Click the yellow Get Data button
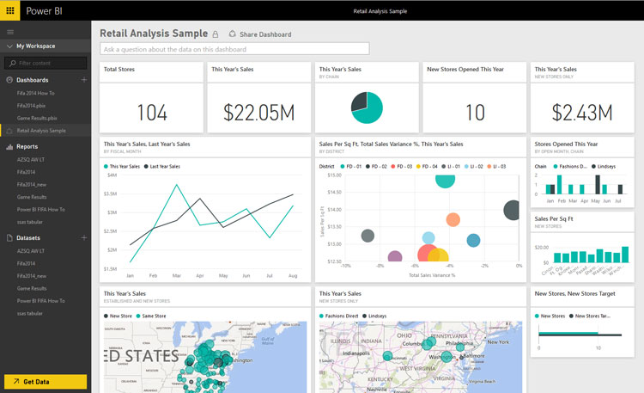45,382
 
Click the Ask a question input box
234,49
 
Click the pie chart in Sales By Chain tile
367,107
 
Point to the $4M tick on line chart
111,175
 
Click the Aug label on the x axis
293,276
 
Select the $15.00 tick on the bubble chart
334,175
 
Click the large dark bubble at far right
513,210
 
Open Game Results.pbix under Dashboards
37,117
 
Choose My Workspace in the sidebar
35,46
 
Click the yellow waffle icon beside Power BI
10,12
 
